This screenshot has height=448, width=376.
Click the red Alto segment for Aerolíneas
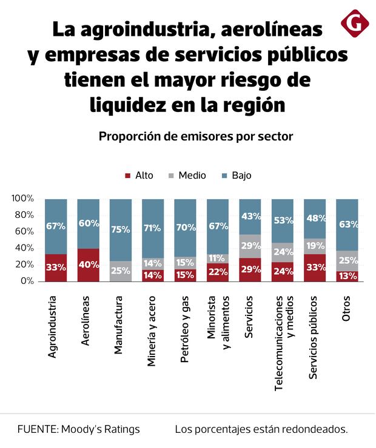pyautogui.click(x=88, y=265)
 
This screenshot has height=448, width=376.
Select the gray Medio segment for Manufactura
pyautogui.click(x=121, y=271)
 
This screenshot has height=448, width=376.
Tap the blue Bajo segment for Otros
pyautogui.click(x=347, y=225)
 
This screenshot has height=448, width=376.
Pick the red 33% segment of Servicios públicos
pyautogui.click(x=315, y=268)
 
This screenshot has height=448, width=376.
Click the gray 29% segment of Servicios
pyautogui.click(x=250, y=246)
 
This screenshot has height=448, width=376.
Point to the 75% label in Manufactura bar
pyautogui.click(x=121, y=229)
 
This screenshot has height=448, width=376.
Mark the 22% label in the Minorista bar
pyautogui.click(x=218, y=272)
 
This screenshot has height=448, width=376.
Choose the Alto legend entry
pyautogui.click(x=139, y=176)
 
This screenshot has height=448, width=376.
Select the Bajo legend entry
pyautogui.click(x=237, y=176)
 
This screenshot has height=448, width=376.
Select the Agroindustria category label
pyautogui.click(x=53, y=327)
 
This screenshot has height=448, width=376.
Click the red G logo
pyautogui.click(x=354, y=24)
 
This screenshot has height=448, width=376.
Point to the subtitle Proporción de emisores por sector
pyautogui.click(x=196, y=136)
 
